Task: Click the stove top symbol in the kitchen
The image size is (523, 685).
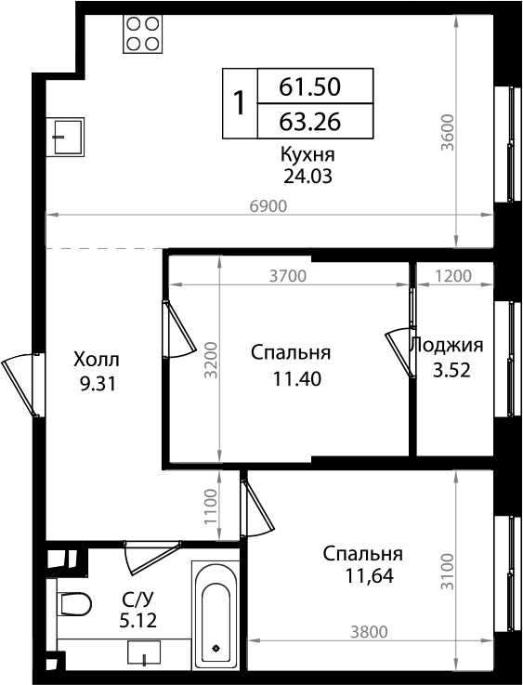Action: click(x=142, y=33)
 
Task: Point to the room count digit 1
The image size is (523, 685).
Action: click(x=239, y=104)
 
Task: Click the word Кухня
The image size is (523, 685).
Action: click(x=307, y=154)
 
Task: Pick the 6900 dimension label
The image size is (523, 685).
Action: click(x=268, y=205)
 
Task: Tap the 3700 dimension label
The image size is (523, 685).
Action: click(x=287, y=275)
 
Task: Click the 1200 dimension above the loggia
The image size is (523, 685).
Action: click(x=452, y=275)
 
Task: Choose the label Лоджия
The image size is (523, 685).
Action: click(x=448, y=345)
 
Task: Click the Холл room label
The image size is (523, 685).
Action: click(x=97, y=359)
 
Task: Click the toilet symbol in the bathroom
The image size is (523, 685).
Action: click(x=73, y=604)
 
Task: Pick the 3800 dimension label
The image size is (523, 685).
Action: click(x=369, y=632)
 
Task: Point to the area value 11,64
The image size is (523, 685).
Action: click(x=369, y=575)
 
